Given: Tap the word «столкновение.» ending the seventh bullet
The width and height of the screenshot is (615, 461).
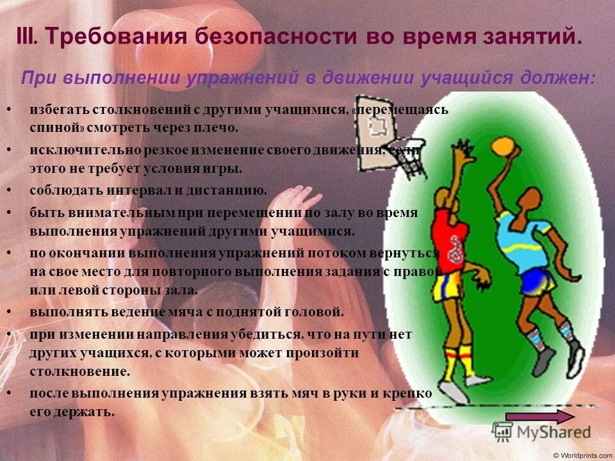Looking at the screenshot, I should click(x=79, y=371).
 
